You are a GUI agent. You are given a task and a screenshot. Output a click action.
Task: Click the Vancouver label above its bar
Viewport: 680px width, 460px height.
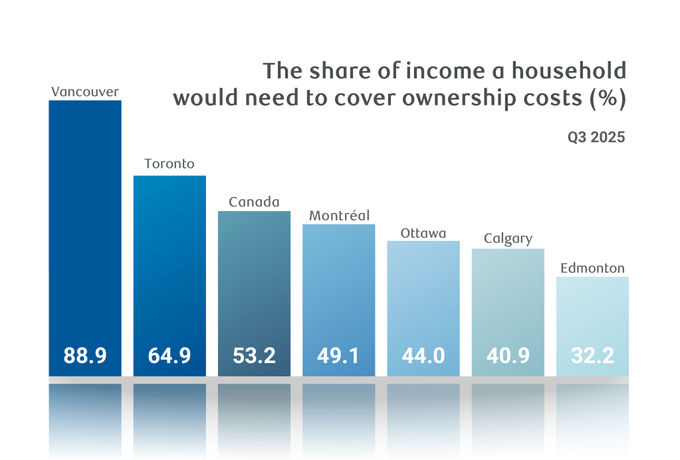tap(85, 92)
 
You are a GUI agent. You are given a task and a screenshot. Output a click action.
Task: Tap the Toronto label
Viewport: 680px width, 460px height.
tap(170, 163)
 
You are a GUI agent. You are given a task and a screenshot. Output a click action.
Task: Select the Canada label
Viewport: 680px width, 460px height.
tap(254, 202)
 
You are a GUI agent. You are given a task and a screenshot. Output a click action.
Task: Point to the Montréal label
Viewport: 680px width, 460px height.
tap(339, 216)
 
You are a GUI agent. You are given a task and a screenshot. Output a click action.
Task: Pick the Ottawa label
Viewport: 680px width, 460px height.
tap(423, 233)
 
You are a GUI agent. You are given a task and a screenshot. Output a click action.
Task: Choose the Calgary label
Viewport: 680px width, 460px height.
tap(508, 239)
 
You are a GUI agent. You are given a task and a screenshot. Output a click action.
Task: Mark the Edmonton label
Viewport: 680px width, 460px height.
tap(592, 268)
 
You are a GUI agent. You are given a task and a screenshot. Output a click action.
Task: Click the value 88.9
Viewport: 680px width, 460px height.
tap(85, 356)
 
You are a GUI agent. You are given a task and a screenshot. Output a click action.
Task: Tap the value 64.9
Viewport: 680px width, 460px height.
tap(170, 356)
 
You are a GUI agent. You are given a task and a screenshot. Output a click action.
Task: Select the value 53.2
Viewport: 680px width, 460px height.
tap(254, 356)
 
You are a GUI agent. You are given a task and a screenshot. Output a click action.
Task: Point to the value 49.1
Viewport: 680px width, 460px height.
tap(339, 356)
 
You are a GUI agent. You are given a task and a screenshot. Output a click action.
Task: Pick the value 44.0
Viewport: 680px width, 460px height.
tap(423, 356)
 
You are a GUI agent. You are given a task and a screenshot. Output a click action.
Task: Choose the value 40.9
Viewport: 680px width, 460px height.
tap(508, 356)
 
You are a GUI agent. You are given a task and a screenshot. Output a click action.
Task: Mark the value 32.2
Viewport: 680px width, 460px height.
tap(592, 356)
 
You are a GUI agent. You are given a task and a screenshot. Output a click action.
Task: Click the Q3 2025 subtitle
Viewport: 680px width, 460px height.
tap(596, 138)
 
